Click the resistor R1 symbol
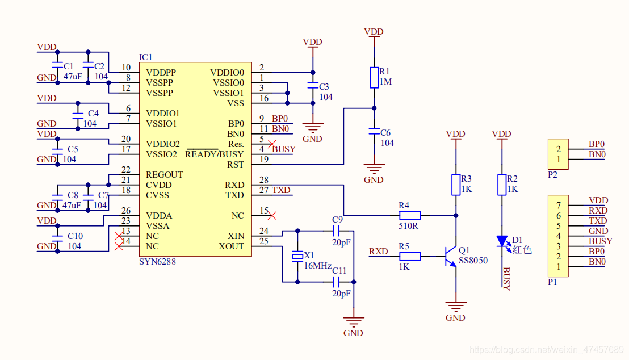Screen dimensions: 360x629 pyautogui.click(x=374, y=78)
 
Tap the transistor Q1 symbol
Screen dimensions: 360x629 pyautogui.click(x=451, y=256)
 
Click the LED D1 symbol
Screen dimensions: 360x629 pyautogui.click(x=502, y=242)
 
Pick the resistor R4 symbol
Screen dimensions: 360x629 pyautogui.click(x=409, y=215)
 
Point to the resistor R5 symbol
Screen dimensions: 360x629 pyautogui.click(x=409, y=256)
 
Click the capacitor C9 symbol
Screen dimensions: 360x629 pyautogui.click(x=338, y=231)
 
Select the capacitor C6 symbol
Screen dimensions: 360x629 pyautogui.click(x=374, y=132)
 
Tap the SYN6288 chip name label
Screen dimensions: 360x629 pyautogui.click(x=157, y=262)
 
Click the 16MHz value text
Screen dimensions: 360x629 pyautogui.click(x=318, y=266)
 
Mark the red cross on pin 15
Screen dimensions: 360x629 pyautogui.click(x=272, y=215)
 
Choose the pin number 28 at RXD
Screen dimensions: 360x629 pyautogui.click(x=264, y=180)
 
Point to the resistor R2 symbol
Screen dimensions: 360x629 pyautogui.click(x=502, y=185)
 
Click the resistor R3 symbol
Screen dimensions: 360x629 pyautogui.click(x=455, y=185)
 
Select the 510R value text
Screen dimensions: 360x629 pyautogui.click(x=408, y=225)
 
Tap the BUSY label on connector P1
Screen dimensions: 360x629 pyautogui.click(x=600, y=241)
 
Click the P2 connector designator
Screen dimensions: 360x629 pyautogui.click(x=552, y=175)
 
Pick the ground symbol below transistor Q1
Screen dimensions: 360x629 pyautogui.click(x=455, y=307)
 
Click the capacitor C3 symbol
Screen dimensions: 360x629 pyautogui.click(x=312, y=86)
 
